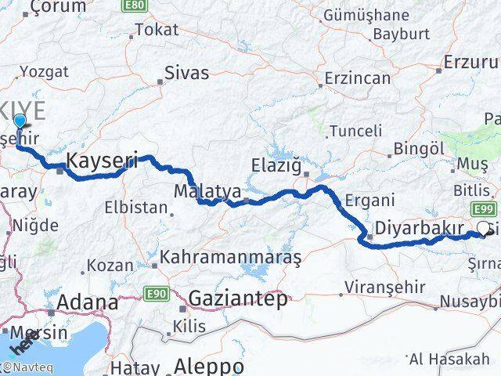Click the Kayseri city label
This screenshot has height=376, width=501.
click(103, 161)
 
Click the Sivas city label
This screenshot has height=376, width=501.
click(186, 73)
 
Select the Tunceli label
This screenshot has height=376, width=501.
click(355, 131)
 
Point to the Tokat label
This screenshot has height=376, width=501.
click(157, 30)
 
